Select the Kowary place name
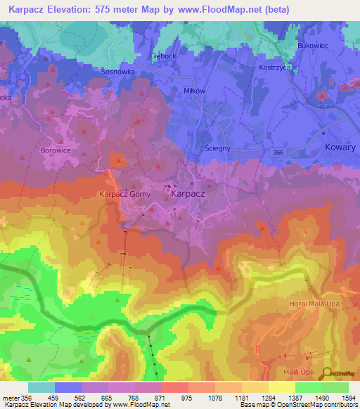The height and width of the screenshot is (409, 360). [341, 148]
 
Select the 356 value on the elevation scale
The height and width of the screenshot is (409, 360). [23, 398]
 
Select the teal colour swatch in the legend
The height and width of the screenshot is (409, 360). [41, 387]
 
